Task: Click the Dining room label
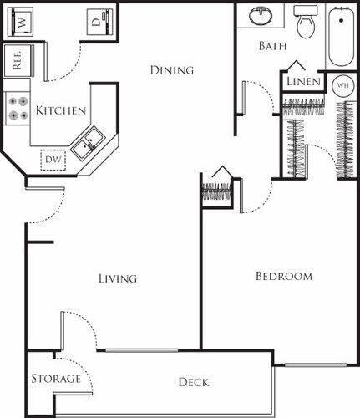(x=172, y=70)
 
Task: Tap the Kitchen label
(x=61, y=110)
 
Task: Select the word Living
(x=117, y=278)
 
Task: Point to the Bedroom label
(x=283, y=276)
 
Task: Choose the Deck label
(x=194, y=382)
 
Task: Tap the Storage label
(x=56, y=379)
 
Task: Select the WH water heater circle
(x=342, y=85)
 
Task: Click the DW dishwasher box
(x=54, y=158)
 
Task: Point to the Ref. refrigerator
(x=15, y=60)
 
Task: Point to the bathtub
(x=341, y=38)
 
